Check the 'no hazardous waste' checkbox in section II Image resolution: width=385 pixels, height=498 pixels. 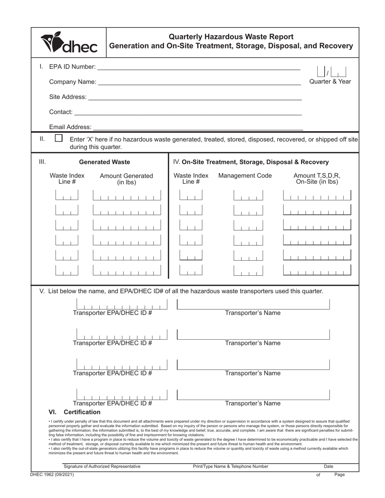(59, 138)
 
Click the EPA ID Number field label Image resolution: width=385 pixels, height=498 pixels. (72, 66)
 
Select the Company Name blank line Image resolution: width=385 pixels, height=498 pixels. (199, 82)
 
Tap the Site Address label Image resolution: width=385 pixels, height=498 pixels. (67, 97)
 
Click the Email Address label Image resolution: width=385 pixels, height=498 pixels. (70, 127)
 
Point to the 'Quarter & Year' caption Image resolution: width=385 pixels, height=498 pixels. (330, 81)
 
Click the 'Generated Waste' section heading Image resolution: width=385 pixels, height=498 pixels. (105, 162)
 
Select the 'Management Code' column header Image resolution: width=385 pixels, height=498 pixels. (245, 176)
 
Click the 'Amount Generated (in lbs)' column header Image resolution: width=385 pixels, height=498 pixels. (126, 179)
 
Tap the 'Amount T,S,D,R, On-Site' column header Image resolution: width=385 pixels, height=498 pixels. (317, 179)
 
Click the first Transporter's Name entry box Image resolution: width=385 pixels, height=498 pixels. (253, 304)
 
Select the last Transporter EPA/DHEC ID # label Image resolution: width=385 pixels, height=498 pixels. (113, 403)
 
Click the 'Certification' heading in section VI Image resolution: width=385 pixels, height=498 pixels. (82, 412)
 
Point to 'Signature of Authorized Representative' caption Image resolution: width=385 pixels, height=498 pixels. (102, 466)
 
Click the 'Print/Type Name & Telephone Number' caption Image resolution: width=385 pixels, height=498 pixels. (231, 466)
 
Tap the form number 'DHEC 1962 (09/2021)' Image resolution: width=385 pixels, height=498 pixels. (52, 474)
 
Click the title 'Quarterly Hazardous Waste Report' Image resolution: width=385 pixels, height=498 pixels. (231, 37)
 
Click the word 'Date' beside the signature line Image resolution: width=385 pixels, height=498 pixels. (329, 466)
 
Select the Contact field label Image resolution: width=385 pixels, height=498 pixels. (61, 112)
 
